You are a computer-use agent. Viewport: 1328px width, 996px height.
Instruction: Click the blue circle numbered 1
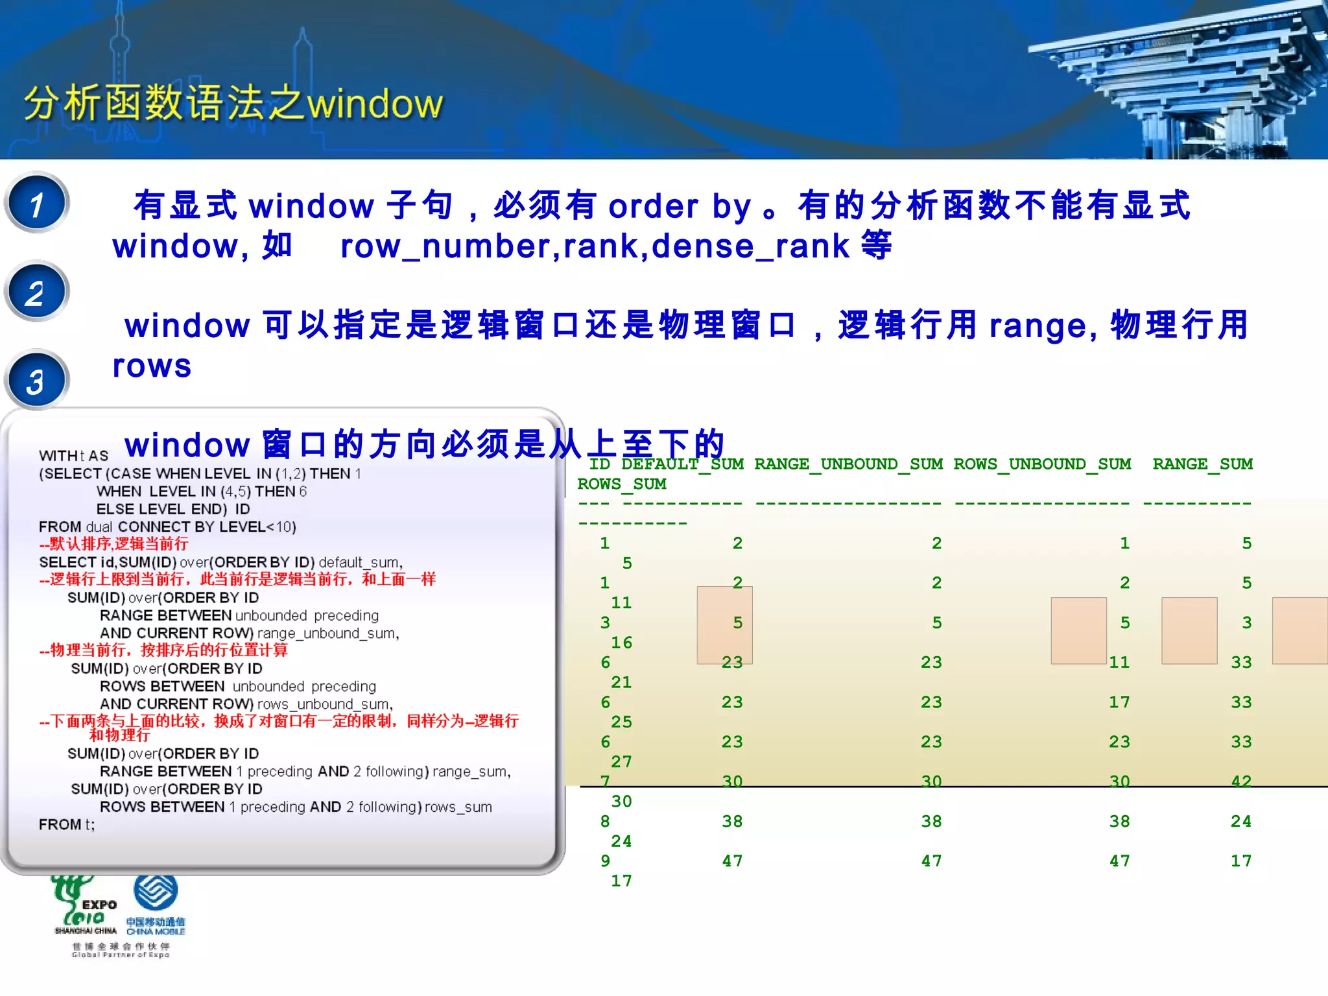(x=37, y=203)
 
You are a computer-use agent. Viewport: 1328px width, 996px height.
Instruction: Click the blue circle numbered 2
(x=37, y=292)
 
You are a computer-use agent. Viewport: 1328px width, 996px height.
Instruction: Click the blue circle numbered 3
(x=37, y=381)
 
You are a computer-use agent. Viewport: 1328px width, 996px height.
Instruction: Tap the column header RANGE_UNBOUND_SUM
(x=848, y=464)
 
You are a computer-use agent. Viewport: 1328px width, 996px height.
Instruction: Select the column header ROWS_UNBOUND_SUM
(x=1042, y=464)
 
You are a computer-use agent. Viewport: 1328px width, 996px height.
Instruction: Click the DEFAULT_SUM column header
(x=682, y=464)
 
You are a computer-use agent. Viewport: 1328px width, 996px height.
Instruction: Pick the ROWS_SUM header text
(x=622, y=484)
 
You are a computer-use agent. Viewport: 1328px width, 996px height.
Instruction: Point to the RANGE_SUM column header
(x=1202, y=464)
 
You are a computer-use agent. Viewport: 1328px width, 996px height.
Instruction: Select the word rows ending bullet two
(x=152, y=366)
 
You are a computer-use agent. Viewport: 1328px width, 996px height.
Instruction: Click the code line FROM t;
(x=67, y=825)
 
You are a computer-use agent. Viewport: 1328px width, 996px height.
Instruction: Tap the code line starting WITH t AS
(x=73, y=456)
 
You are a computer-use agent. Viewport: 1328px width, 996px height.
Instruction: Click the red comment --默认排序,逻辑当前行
(x=113, y=544)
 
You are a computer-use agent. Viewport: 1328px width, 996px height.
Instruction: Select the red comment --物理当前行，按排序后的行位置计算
(x=163, y=650)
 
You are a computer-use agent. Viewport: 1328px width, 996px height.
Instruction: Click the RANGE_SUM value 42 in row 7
(x=1240, y=781)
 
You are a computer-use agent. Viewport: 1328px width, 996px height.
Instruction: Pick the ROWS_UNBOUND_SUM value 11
(x=1119, y=663)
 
